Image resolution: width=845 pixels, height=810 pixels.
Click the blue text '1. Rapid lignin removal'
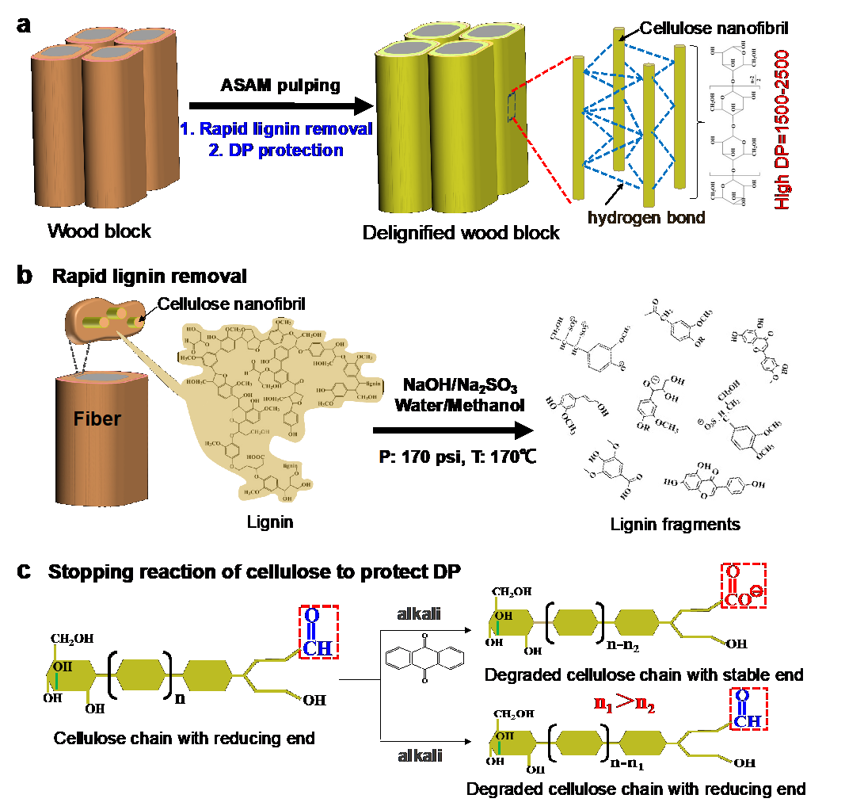tap(276, 129)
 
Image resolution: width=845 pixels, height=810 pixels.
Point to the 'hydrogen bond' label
tap(647, 217)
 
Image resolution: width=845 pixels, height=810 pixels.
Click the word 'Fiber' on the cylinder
tap(97, 418)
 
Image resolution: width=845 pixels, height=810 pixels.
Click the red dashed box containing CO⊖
tap(744, 586)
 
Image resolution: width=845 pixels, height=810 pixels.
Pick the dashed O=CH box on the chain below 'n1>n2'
tap(747, 709)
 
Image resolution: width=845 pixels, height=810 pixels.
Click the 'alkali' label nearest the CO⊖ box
tap(419, 615)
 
